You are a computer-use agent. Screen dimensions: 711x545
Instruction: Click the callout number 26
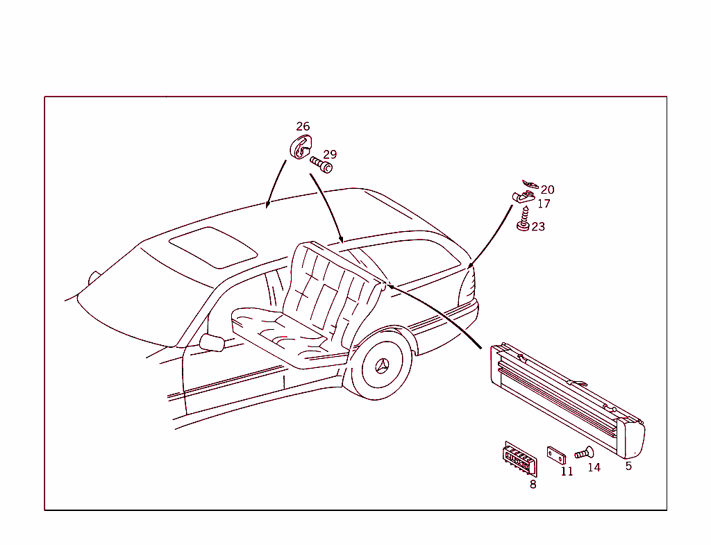tap(303, 126)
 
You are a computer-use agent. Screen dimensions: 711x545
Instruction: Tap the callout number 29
tap(330, 155)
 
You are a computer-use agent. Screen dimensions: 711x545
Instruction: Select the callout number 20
tap(547, 190)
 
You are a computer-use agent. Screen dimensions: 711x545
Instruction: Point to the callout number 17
tap(544, 204)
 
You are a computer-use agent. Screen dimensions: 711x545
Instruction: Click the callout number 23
tap(538, 227)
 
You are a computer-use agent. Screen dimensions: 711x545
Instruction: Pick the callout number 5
tap(628, 466)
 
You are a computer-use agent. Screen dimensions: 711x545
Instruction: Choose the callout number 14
tap(594, 467)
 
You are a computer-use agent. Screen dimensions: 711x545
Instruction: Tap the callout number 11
tap(567, 471)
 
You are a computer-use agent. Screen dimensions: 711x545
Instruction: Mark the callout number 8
tap(533, 485)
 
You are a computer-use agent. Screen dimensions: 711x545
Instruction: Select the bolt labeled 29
tap(321, 165)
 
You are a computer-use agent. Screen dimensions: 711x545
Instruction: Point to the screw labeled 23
tap(524, 219)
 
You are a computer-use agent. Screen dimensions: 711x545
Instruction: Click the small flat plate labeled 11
tap(556, 455)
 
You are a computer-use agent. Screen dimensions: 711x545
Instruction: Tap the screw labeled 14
tap(584, 453)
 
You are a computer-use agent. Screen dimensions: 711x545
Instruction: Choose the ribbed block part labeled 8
tap(519, 458)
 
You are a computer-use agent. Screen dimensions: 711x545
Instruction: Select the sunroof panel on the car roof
tap(213, 247)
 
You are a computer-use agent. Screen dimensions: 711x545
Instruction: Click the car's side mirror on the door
tap(212, 343)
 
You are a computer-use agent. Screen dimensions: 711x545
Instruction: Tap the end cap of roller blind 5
tap(631, 437)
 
